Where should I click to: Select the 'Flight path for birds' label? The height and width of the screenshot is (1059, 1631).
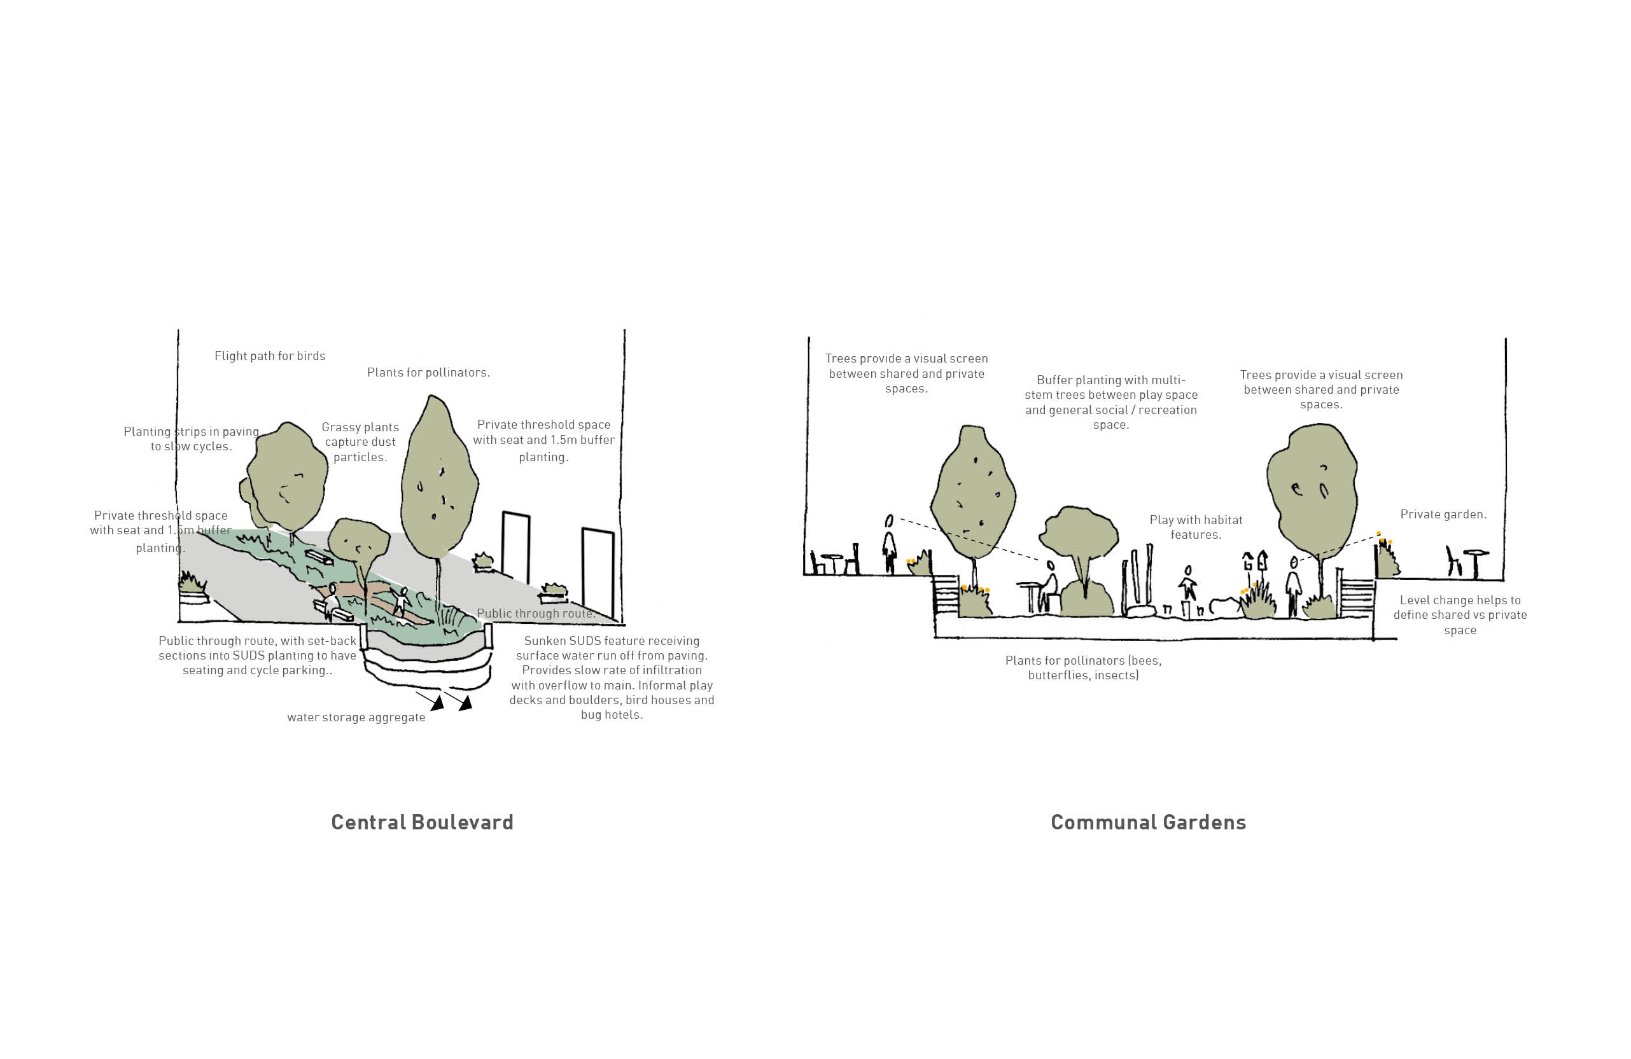(x=270, y=356)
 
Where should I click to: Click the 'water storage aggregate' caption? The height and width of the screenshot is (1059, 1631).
(x=356, y=717)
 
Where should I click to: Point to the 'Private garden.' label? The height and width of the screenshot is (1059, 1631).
(x=1443, y=515)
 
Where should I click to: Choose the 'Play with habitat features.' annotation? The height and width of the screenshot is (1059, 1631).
(x=1196, y=527)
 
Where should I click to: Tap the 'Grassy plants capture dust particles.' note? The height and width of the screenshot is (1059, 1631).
(x=360, y=442)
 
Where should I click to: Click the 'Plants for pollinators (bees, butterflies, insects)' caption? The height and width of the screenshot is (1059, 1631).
(x=1084, y=668)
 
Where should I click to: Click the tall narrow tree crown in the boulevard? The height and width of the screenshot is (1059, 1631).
(x=438, y=476)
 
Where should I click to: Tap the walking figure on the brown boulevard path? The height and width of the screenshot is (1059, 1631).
(x=400, y=601)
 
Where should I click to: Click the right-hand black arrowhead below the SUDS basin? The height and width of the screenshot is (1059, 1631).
(x=465, y=703)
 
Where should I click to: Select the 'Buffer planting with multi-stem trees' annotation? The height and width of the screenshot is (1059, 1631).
(x=1111, y=402)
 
